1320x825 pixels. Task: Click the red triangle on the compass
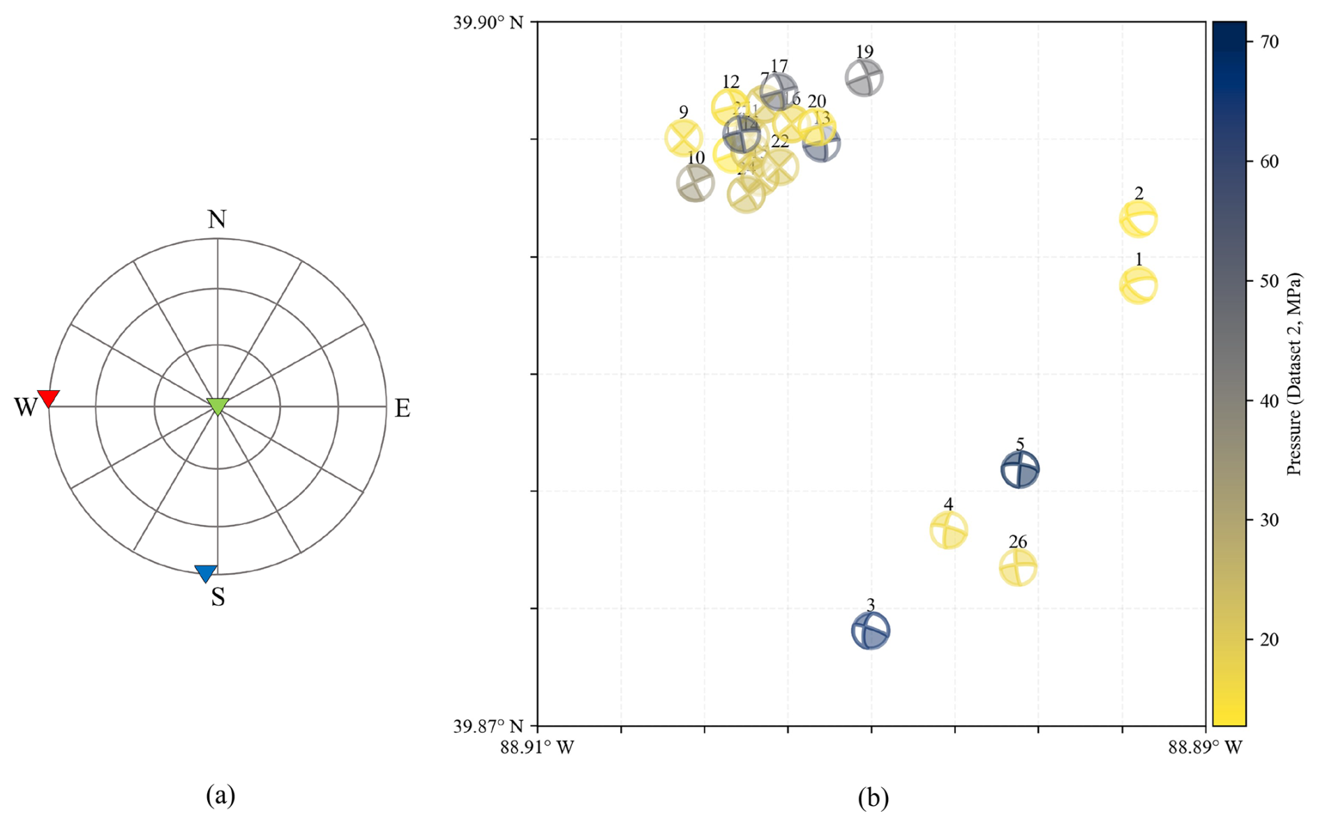[x=48, y=398]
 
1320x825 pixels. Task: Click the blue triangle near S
[x=206, y=573]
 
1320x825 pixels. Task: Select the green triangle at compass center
[x=218, y=406]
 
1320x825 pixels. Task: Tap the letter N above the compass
[x=217, y=220]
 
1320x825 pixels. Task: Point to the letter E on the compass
[x=403, y=408]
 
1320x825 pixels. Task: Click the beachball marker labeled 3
[x=871, y=631]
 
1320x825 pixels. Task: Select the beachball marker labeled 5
[x=1020, y=469]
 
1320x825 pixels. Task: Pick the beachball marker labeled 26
[x=1018, y=567]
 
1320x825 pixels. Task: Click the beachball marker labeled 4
[x=949, y=530]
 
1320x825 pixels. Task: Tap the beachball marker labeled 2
[x=1139, y=219]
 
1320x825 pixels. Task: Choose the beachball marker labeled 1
[x=1139, y=285]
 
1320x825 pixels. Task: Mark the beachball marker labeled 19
[x=864, y=77]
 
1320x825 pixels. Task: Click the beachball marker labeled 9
[x=684, y=137]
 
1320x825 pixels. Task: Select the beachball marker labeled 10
[x=696, y=184]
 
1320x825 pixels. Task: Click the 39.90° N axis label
[x=488, y=22]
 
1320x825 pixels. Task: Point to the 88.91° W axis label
[x=537, y=748]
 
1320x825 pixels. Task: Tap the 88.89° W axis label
[x=1206, y=748]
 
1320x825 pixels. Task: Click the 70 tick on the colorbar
[x=1270, y=42]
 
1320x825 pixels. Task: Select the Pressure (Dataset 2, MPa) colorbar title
[x=1295, y=374]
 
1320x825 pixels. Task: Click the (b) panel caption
[x=873, y=797]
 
